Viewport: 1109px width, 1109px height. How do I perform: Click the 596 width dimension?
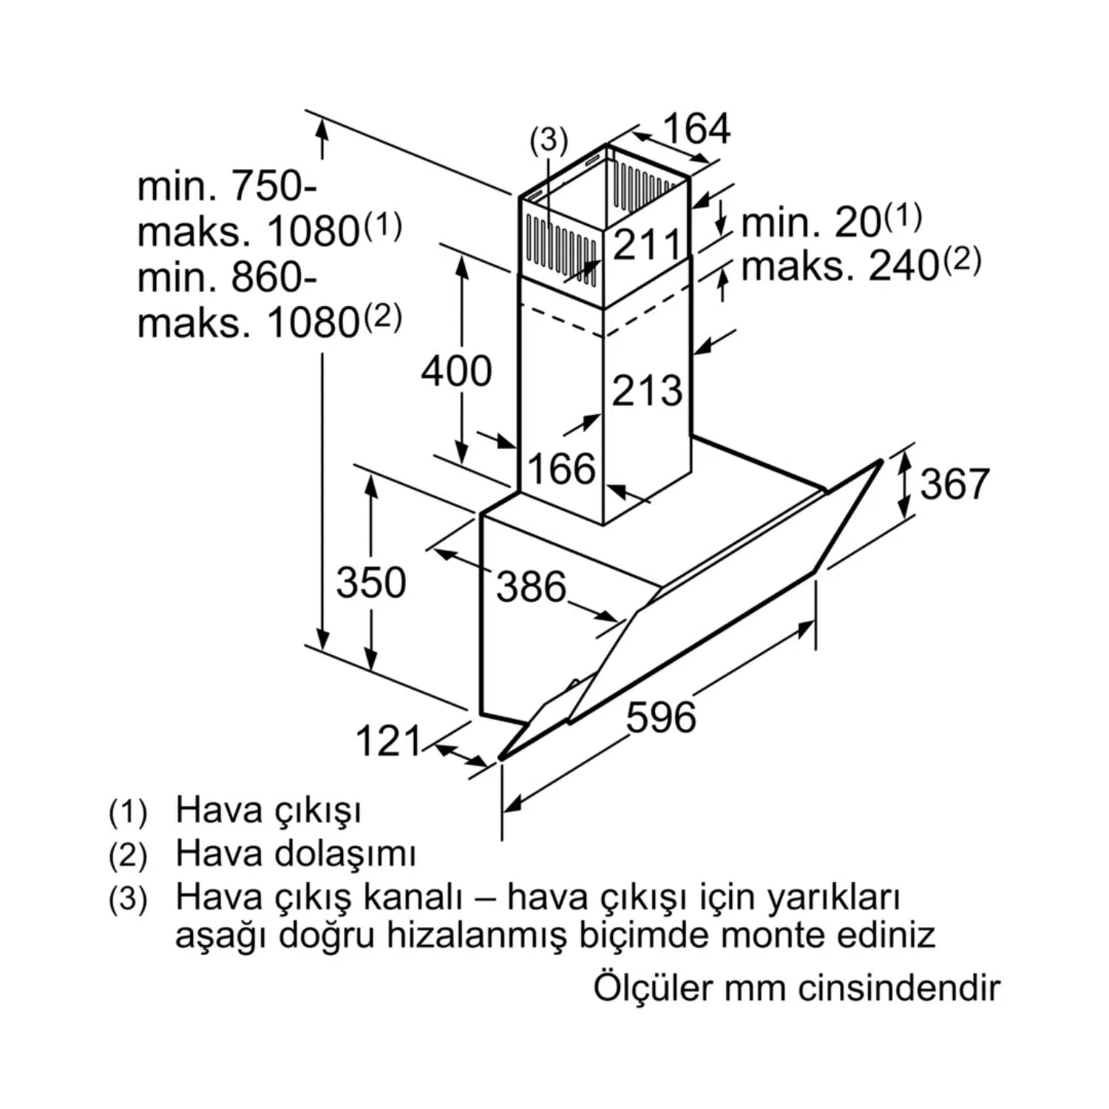coord(661,717)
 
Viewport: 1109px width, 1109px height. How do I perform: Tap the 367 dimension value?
coord(954,484)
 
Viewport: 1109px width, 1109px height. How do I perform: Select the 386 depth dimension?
coord(531,587)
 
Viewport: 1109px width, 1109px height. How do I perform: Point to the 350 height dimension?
coord(371,583)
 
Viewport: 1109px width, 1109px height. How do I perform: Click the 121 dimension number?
coord(388,741)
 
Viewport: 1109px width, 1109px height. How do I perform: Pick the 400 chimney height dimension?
coord(456,371)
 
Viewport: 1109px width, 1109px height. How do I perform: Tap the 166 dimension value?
coord(561,469)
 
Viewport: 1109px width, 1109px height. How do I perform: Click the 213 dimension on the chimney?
coord(646,390)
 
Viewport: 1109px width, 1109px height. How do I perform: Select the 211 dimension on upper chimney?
coord(646,244)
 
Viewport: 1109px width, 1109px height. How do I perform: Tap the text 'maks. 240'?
coord(840,266)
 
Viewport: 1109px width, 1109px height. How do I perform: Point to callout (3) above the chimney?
coord(549,140)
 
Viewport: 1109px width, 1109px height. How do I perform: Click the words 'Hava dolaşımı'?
coord(296,854)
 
